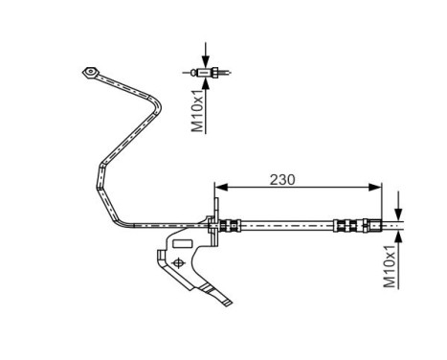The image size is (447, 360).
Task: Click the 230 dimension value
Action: tap(282, 178)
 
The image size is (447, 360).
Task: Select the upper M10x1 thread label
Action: tap(198, 110)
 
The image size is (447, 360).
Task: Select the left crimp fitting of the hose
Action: tap(229, 226)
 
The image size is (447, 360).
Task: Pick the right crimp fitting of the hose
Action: tap(353, 226)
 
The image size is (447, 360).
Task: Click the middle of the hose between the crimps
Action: tap(287, 226)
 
